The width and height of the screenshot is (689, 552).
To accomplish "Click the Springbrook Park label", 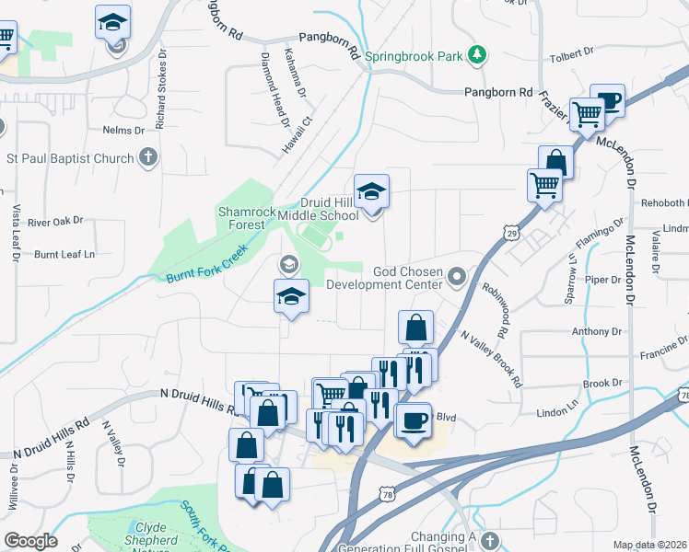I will tap(414, 56).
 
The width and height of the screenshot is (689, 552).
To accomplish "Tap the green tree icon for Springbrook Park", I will tap(476, 55).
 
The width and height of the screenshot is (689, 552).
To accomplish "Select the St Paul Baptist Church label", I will tap(71, 158).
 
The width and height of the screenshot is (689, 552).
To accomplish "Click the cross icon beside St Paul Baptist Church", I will tap(149, 158).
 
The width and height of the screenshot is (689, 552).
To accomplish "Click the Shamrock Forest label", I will tap(246, 217).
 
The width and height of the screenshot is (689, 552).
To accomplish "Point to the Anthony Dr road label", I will tap(597, 331).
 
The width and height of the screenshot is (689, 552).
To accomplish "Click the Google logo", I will tap(30, 540).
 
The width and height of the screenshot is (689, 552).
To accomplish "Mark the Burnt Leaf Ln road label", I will tap(64, 253).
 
